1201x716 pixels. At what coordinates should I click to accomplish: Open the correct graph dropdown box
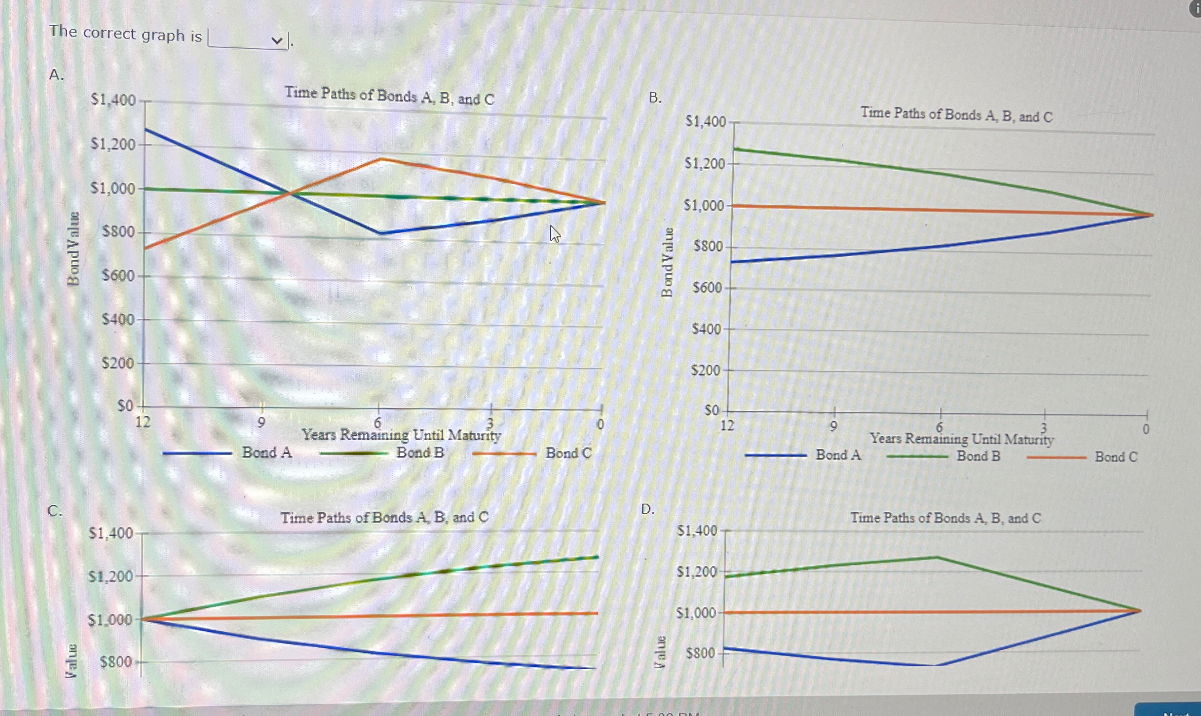248,39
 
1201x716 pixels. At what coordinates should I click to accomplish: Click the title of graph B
956,115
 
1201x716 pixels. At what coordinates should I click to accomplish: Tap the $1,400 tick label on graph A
113,100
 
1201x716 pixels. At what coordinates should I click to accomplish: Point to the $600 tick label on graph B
707,288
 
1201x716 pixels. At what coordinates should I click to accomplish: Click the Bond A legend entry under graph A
267,453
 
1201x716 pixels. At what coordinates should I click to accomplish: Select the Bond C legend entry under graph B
1115,457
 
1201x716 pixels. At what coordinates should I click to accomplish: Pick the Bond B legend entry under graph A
419,453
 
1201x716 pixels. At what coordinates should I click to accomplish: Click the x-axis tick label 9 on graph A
261,422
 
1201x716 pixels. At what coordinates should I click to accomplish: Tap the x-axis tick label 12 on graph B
726,426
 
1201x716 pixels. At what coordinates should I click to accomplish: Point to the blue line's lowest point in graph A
381,233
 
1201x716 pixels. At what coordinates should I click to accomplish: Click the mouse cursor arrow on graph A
554,233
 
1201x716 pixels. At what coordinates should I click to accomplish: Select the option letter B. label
655,98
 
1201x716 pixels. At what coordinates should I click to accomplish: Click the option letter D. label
648,509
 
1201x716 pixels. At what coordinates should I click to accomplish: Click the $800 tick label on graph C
116,662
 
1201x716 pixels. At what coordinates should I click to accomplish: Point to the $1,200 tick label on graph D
696,572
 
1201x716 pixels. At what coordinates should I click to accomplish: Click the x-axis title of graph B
961,439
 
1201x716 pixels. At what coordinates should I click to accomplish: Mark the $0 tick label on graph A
125,406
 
